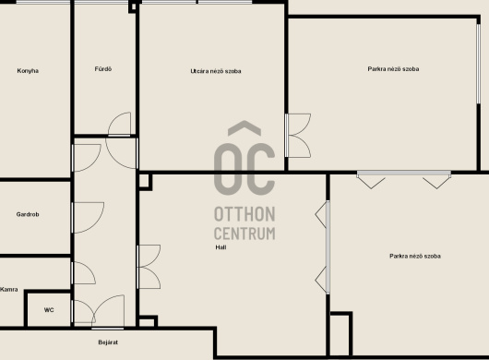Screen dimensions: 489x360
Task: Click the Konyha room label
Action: pos(28,71)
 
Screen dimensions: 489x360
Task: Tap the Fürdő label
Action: pos(103,69)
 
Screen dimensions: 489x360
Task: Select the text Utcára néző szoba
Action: pos(216,71)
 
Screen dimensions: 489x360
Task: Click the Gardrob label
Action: pos(28,214)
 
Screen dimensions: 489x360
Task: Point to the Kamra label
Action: pos(8,290)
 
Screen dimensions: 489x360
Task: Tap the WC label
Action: pos(49,310)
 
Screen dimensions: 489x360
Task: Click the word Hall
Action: pos(221,247)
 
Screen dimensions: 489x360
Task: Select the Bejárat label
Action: pos(108,342)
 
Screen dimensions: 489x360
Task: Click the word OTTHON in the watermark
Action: pos(244,214)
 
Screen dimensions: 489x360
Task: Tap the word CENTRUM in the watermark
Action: pos(244,234)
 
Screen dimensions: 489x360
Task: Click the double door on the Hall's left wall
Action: pos(149,267)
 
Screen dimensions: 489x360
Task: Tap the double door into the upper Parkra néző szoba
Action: pos(298,136)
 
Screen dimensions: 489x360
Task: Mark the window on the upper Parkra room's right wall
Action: pos(479,64)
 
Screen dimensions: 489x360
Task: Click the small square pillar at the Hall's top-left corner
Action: pos(145,182)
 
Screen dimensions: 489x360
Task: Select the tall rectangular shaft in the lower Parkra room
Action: pos(341,334)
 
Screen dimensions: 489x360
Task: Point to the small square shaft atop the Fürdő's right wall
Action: pos(133,7)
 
